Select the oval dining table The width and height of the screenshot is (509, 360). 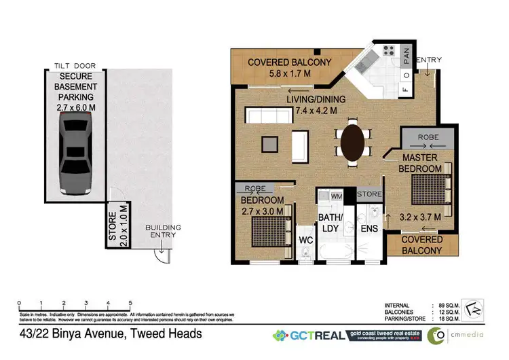click(x=351, y=142)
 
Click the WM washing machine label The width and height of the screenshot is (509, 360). click(x=336, y=197)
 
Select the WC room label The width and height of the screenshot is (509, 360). click(x=305, y=241)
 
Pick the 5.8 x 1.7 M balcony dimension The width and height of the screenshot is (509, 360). click(x=290, y=75)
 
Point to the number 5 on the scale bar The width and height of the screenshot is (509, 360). click(x=130, y=304)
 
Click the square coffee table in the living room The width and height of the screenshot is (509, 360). click(x=269, y=144)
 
